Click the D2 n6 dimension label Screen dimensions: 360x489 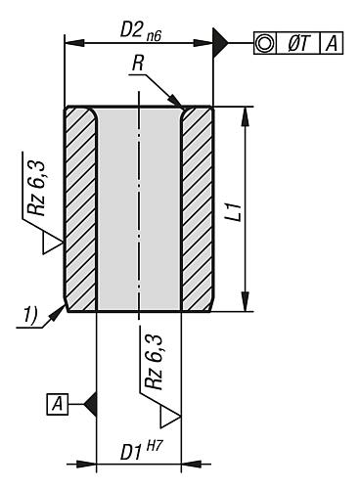tap(141, 31)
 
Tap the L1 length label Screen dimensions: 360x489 tap(235, 212)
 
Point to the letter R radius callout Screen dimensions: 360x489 tap(138, 64)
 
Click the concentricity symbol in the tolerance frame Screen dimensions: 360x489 tap(264, 43)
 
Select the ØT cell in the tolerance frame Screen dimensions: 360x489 tap(298, 43)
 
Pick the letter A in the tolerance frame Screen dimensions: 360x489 tap(332, 43)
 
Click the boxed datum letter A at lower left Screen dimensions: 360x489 tap(58, 404)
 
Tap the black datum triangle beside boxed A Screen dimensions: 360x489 tap(91, 404)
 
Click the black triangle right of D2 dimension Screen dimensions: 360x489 tap(220, 43)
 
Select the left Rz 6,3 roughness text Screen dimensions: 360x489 tap(36, 188)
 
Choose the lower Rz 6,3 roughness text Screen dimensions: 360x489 tap(154, 362)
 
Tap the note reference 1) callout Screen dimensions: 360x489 tap(29, 316)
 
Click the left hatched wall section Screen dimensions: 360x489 tap(81, 208)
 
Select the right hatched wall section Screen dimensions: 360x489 tap(198, 208)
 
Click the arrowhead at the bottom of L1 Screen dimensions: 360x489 tap(247, 301)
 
